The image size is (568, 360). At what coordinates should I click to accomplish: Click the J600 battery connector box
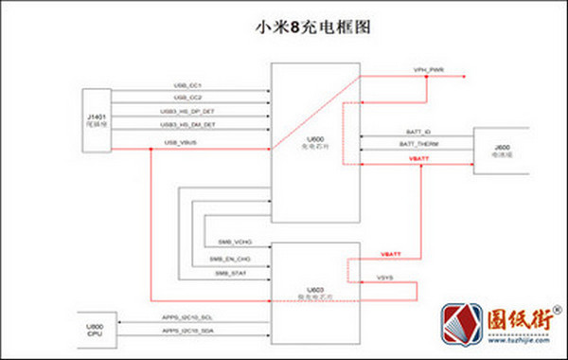pyautogui.click(x=503, y=152)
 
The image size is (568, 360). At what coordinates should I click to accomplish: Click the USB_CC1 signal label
pyautogui.click(x=188, y=86)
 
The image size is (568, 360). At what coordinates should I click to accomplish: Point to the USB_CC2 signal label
pyautogui.click(x=188, y=99)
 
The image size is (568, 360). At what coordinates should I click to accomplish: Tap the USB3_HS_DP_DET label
pyautogui.click(x=187, y=112)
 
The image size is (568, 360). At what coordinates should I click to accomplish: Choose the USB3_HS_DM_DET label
pyautogui.click(x=187, y=125)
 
